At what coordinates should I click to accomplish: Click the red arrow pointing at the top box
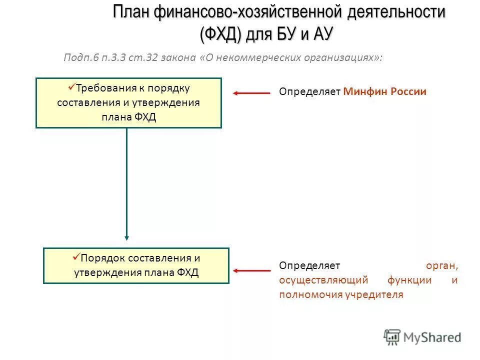coord(251,92)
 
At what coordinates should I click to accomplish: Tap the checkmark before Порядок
coord(76,257)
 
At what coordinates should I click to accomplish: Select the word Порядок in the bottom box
coord(103,258)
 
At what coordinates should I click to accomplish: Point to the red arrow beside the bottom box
coord(251,270)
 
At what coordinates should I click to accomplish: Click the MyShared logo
coord(422,337)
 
